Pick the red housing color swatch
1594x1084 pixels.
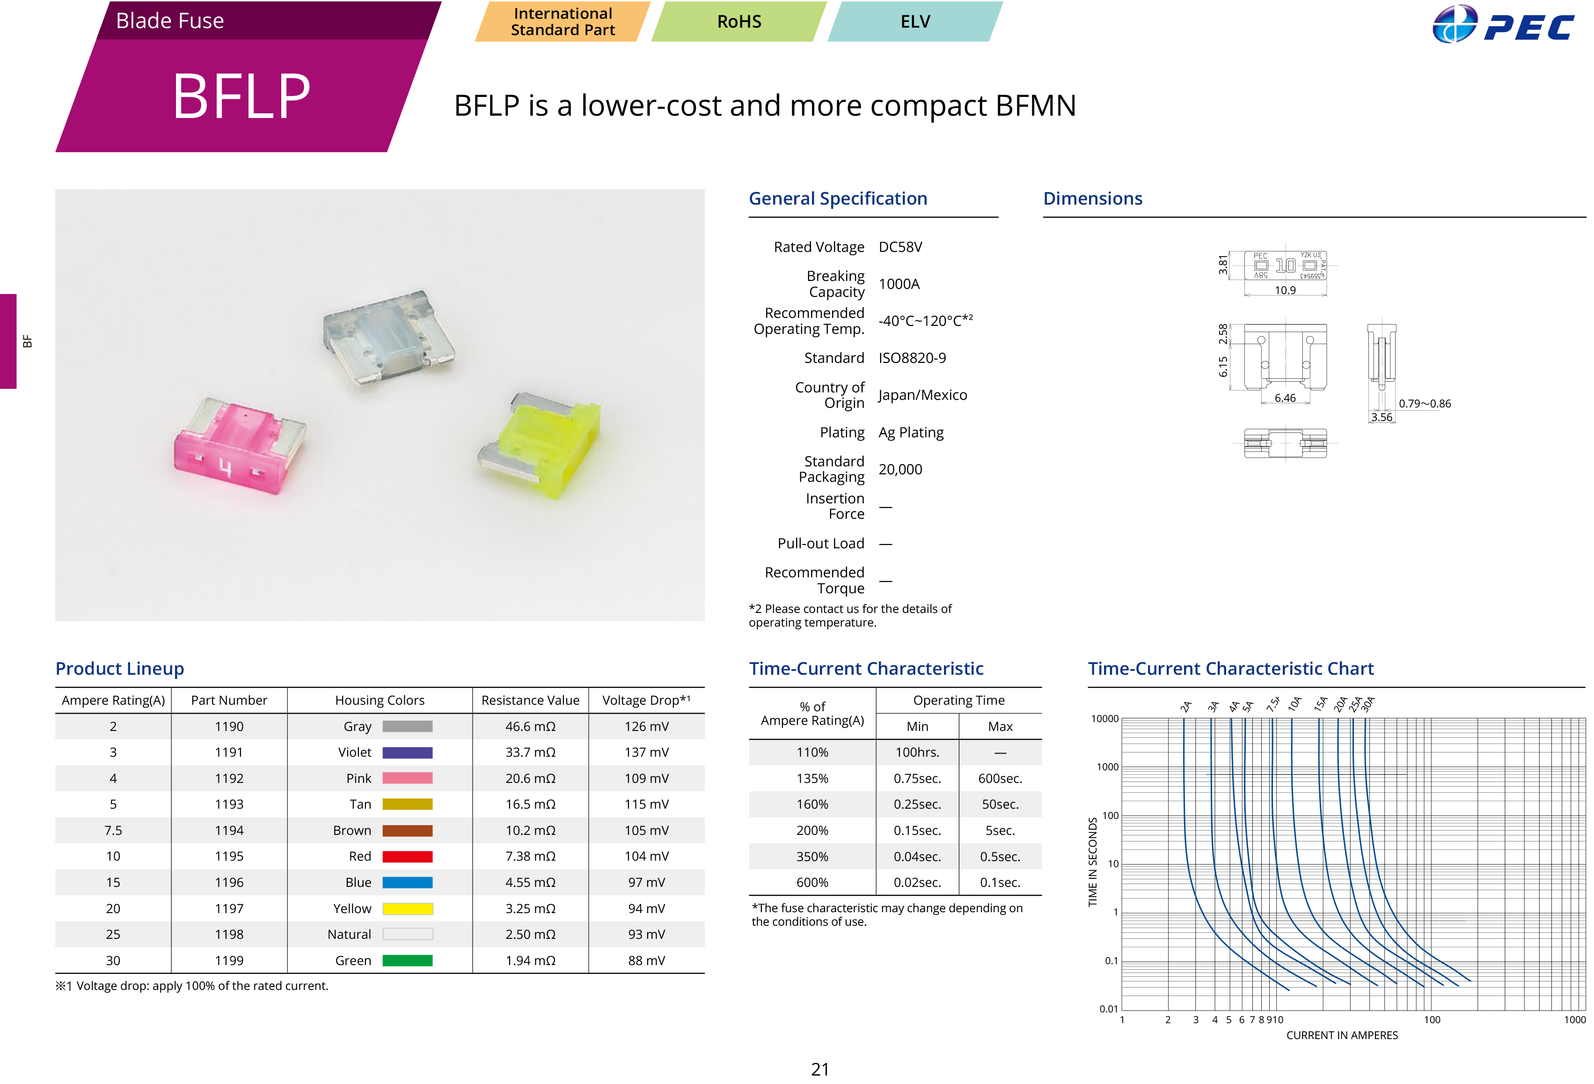click(408, 856)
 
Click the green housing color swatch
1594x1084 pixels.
click(408, 960)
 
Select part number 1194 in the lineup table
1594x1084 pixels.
click(229, 830)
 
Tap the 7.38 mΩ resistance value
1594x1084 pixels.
click(530, 856)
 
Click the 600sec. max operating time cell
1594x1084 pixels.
click(1000, 779)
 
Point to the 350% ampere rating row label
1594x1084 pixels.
click(812, 857)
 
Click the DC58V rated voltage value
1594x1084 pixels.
click(900, 247)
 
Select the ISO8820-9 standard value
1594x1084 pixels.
click(912, 358)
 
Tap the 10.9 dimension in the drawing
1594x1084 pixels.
click(1285, 291)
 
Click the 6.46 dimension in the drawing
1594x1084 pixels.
click(1285, 398)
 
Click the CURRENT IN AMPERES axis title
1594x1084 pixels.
click(1342, 1035)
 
